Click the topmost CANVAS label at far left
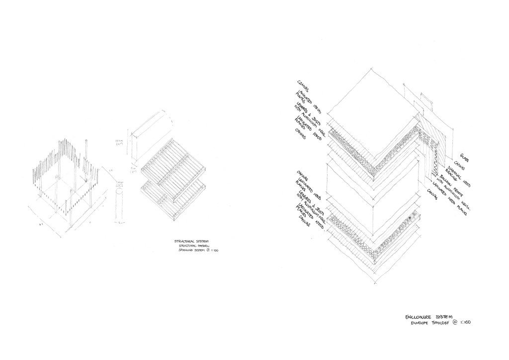click(x=302, y=86)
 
